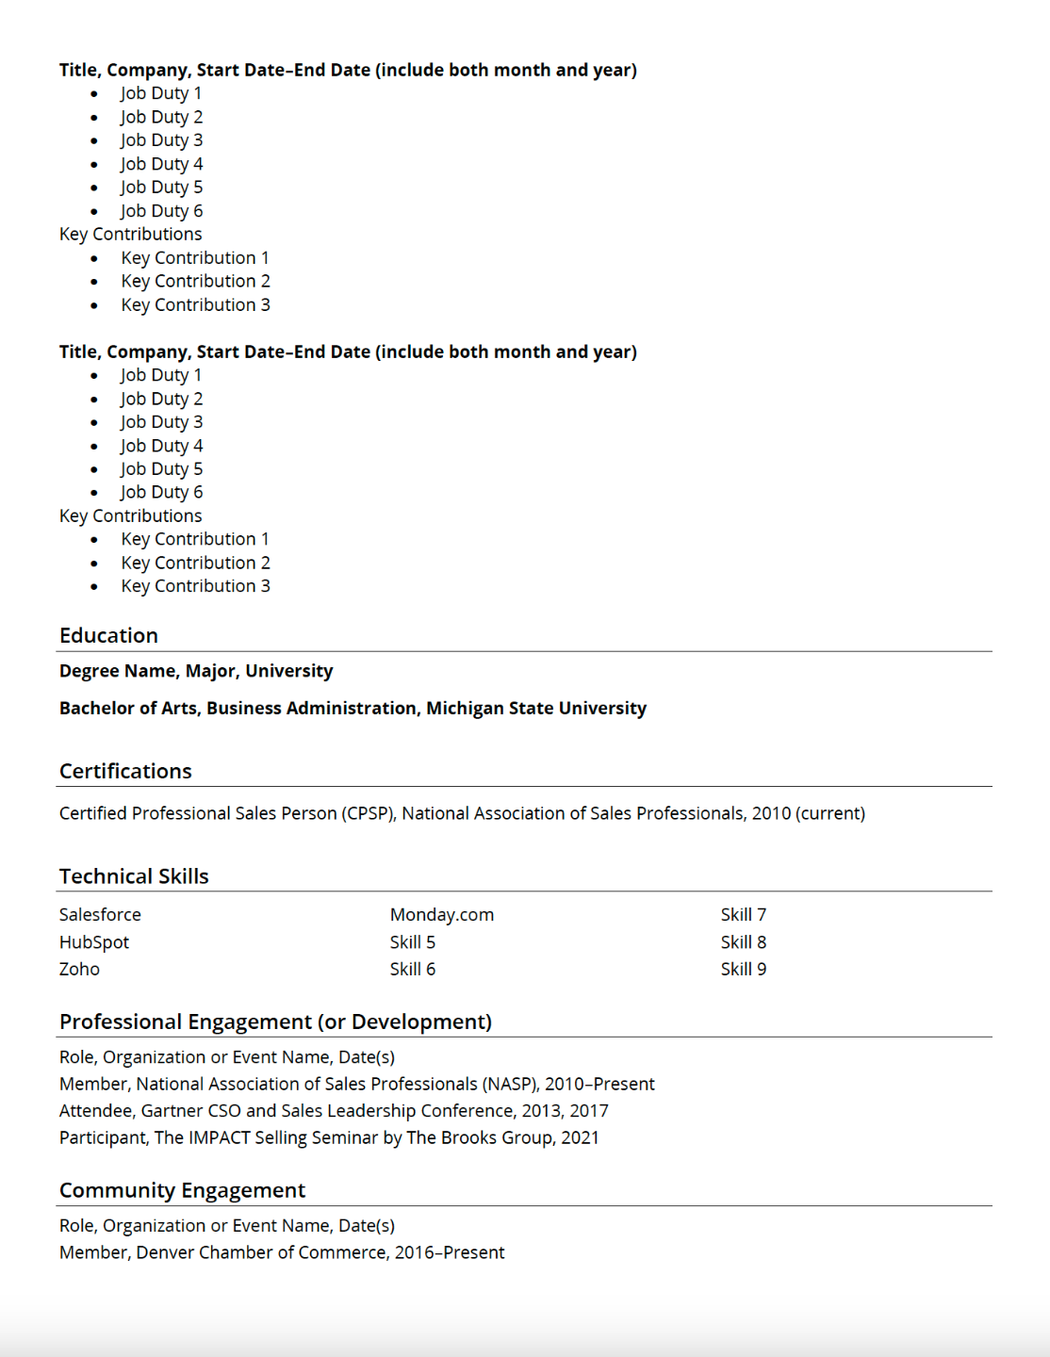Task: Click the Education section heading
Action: click(108, 636)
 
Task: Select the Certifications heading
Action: click(125, 772)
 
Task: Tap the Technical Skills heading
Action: click(134, 876)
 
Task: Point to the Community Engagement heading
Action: click(182, 1190)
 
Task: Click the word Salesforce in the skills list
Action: click(100, 915)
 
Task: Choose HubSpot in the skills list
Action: click(94, 942)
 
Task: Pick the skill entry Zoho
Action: click(79, 970)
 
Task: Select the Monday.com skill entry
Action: click(441, 915)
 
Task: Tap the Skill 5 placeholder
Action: click(413, 942)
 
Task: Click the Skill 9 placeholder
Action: click(744, 970)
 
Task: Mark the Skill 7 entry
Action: click(744, 915)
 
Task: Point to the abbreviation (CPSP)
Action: click(369, 813)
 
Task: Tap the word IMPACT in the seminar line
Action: click(219, 1138)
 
